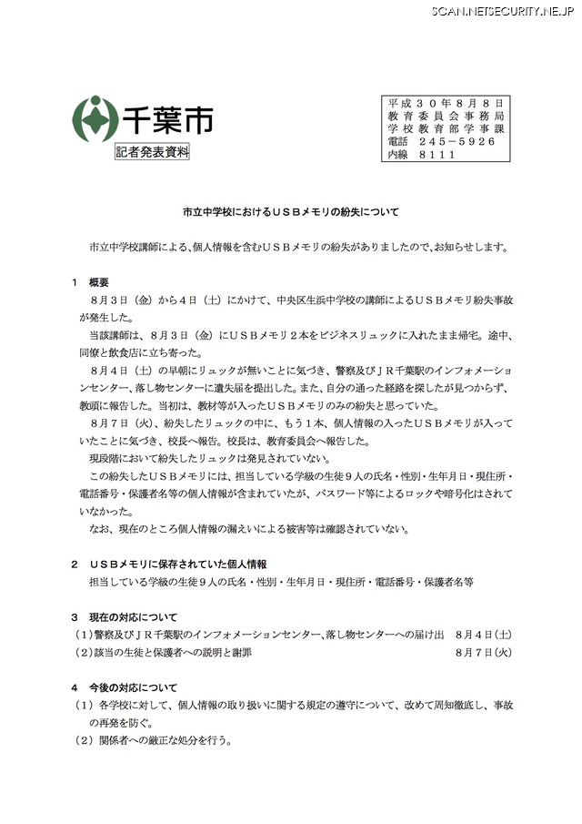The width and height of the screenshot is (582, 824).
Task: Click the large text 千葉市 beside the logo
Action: pyautogui.click(x=157, y=118)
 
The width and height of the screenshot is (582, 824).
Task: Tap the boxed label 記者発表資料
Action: pyautogui.click(x=152, y=152)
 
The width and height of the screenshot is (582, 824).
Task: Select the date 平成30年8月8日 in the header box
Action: pyautogui.click(x=446, y=104)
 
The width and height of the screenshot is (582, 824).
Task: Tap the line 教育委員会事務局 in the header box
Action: pyautogui.click(x=446, y=117)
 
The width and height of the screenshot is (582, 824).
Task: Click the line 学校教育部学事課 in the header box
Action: pyautogui.click(x=446, y=129)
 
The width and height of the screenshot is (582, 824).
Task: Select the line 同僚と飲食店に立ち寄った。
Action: pyautogui.click(x=141, y=352)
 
